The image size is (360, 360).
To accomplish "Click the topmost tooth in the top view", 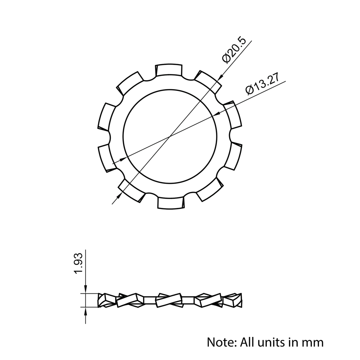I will point(169,70).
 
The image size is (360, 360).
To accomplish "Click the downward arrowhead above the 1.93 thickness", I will point(85,290).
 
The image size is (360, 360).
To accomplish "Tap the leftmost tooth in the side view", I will point(107,300).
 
